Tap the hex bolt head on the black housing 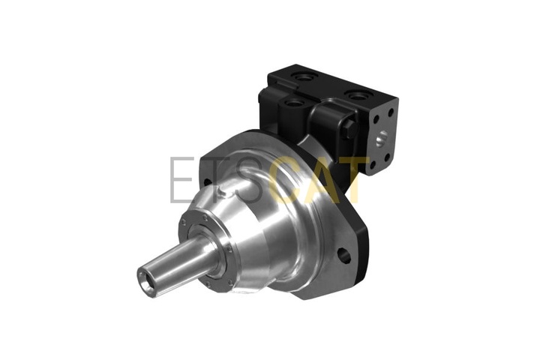click(x=349, y=129)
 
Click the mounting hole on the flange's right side click(x=344, y=256)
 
